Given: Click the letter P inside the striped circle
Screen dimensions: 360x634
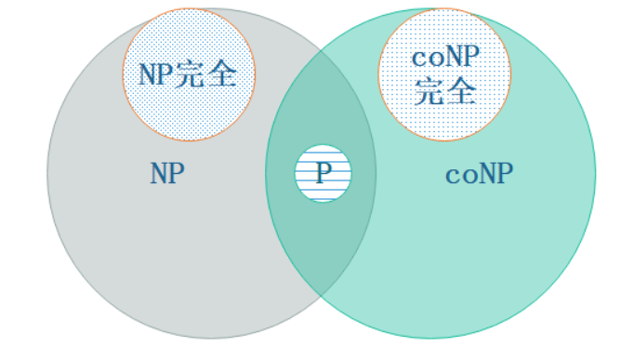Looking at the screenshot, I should coord(323,173).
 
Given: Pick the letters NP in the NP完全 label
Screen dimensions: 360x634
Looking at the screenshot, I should coord(156,74).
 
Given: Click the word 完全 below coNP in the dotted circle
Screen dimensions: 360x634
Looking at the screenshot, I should coord(444,90).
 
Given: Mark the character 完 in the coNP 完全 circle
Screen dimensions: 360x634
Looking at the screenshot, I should coord(429,90).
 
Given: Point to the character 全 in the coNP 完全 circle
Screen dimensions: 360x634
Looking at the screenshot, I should coord(459,90).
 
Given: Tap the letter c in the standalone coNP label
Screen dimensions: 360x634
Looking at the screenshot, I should coord(452,175).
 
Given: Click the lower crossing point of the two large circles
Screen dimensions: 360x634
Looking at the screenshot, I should coord(321,296).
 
